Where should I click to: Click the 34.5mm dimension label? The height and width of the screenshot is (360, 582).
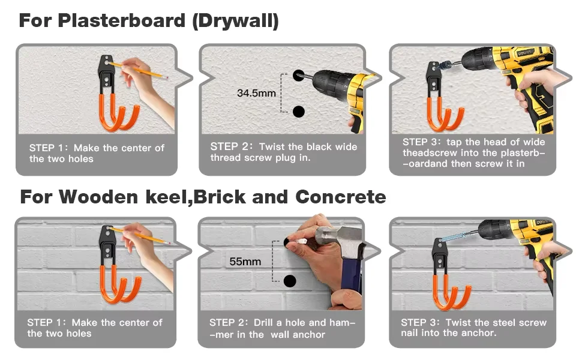click(x=256, y=93)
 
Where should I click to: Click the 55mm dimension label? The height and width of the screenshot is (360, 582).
click(x=245, y=262)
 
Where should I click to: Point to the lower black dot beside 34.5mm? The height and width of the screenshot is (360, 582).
click(x=299, y=111)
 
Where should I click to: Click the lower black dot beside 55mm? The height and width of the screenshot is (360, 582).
click(x=290, y=280)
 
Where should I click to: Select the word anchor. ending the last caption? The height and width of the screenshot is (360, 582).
click(x=479, y=333)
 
